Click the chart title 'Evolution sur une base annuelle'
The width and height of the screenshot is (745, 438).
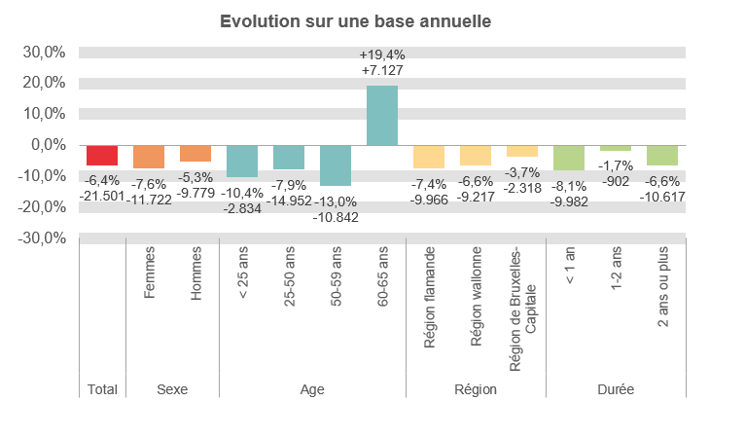(x=355, y=20)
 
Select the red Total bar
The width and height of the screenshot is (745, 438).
(x=102, y=156)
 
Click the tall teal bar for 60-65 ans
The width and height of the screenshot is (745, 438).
(x=382, y=116)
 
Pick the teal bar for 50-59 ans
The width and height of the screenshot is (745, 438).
(x=336, y=165)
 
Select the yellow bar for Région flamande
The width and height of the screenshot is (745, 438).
(x=429, y=157)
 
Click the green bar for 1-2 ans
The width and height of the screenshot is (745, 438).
(x=616, y=149)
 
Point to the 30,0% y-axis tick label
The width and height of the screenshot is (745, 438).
(x=45, y=52)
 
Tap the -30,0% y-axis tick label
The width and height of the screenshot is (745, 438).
(x=44, y=238)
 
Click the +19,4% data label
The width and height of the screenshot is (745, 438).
(x=382, y=55)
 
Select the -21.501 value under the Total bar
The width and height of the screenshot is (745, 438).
(x=102, y=196)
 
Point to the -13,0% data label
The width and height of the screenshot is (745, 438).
(x=336, y=201)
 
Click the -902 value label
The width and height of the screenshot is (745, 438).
(x=616, y=181)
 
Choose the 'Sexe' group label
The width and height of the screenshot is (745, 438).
(x=172, y=389)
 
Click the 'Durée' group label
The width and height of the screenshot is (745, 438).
(x=616, y=389)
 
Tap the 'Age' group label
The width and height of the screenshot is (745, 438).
(x=312, y=389)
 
